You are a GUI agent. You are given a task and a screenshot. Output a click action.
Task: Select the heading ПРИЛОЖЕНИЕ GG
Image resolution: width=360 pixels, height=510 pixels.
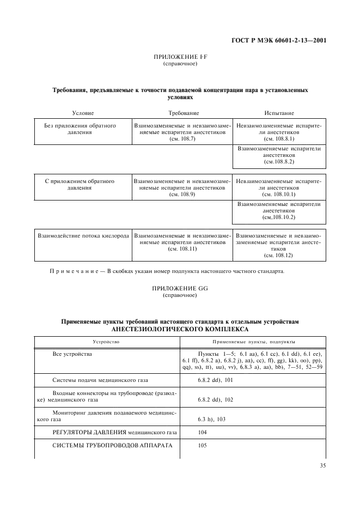[x=180, y=288]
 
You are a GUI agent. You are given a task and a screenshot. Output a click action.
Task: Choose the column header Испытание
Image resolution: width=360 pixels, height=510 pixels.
[x=279, y=113]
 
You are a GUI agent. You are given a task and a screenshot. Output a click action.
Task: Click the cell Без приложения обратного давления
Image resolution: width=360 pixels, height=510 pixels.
[x=80, y=129]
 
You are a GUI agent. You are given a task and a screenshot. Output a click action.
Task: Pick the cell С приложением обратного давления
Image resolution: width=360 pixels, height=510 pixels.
[x=80, y=184]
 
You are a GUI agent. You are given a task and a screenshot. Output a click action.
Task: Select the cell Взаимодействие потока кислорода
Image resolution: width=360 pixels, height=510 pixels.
[x=83, y=236]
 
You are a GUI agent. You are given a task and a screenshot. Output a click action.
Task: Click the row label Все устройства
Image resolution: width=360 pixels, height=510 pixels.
[x=72, y=354]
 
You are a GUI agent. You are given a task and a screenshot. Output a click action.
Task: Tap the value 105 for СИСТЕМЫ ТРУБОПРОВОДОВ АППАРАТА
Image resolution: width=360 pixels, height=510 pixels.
[x=203, y=446]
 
